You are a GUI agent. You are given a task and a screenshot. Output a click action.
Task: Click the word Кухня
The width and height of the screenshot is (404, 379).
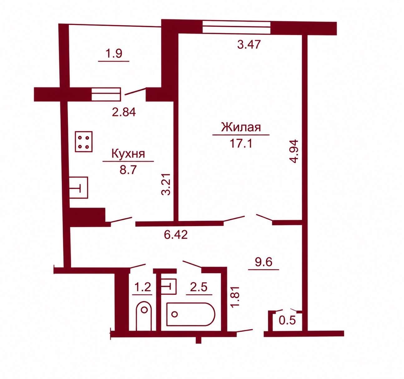[x=128, y=154]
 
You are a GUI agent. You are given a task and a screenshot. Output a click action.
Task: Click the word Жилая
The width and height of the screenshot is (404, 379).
[x=241, y=127]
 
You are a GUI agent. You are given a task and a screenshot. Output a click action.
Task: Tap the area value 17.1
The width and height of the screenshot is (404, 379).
[x=241, y=143]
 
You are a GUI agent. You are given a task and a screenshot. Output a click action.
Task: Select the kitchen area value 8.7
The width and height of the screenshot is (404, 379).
[x=128, y=170]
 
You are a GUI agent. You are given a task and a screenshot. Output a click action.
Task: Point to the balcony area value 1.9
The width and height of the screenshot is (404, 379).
[x=114, y=54]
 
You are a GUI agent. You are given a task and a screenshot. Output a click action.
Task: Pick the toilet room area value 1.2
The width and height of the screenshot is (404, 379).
[x=143, y=287]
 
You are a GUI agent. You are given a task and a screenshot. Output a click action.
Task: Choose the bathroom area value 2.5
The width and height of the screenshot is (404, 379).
[x=199, y=287]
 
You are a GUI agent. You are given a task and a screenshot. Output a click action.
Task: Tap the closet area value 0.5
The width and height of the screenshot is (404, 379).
[x=287, y=320]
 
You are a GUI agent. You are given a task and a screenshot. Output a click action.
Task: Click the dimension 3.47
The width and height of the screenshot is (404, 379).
[x=249, y=44]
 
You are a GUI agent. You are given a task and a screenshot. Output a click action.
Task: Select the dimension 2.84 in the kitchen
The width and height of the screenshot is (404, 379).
[x=124, y=112]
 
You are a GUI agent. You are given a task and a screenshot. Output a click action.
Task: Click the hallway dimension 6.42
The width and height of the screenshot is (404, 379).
[x=176, y=235]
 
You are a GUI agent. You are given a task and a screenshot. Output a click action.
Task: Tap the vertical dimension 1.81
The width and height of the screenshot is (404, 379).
[x=236, y=296]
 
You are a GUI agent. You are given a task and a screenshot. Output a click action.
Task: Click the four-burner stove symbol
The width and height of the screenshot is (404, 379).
[x=84, y=141]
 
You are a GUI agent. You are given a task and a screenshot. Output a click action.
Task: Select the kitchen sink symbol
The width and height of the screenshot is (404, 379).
[x=79, y=188]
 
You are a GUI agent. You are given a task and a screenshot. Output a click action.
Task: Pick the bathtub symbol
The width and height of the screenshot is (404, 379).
[x=191, y=314]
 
